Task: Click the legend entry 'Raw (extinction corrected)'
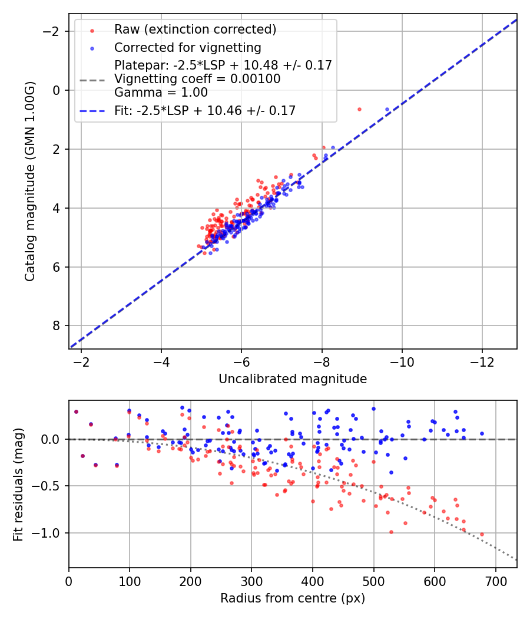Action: (195, 29)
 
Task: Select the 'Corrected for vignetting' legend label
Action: (188, 47)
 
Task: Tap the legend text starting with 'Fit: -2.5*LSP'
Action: (205, 110)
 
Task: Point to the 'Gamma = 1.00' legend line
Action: (161, 92)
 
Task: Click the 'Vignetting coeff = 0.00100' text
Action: (197, 78)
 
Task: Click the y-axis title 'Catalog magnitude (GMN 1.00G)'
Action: (30, 182)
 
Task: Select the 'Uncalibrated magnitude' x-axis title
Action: (293, 379)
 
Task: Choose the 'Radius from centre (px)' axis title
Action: (293, 598)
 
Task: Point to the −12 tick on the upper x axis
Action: (482, 360)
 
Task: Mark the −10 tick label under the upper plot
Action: (402, 360)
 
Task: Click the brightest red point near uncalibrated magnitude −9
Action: (359, 109)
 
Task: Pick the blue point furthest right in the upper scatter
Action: (387, 109)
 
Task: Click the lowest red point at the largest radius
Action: (482, 534)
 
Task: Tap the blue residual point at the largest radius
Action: (482, 433)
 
